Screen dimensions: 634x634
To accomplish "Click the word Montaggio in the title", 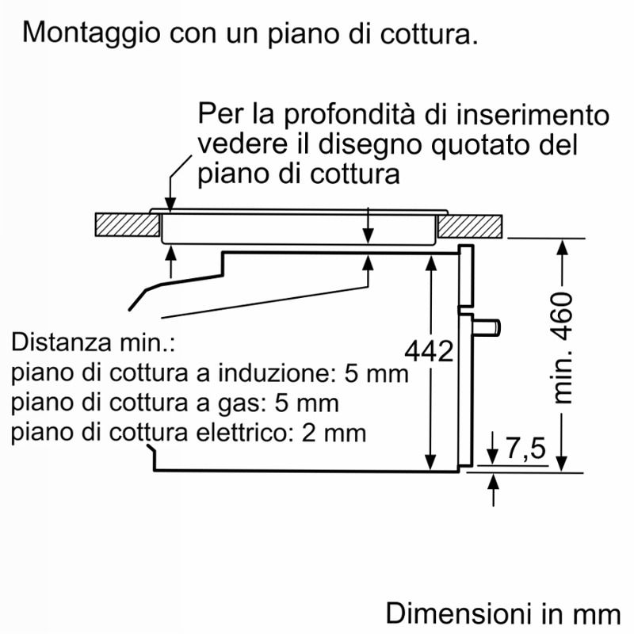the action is (x=91, y=33).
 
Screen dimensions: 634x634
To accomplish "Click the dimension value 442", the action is (x=429, y=350).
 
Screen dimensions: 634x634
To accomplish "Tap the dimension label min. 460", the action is (x=563, y=347).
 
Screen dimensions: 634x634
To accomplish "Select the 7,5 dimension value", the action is (x=525, y=448).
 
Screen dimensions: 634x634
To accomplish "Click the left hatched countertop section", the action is (x=128, y=225).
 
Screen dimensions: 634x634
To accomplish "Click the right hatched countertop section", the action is (x=470, y=227).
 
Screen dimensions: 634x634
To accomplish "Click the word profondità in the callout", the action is (x=349, y=116).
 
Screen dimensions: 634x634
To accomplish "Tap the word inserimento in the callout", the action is (x=533, y=115).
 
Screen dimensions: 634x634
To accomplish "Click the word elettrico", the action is (x=246, y=432).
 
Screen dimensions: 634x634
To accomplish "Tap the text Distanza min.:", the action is (x=94, y=342).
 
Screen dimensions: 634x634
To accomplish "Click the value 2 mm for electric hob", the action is (x=334, y=433).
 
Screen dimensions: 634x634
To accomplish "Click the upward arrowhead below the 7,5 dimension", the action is (x=493, y=482).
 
